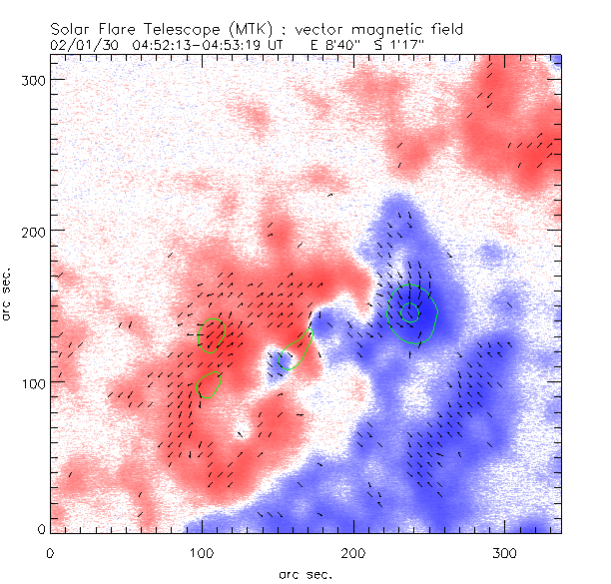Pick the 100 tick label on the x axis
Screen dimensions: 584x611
point(202,552)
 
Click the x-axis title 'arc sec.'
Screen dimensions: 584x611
point(305,573)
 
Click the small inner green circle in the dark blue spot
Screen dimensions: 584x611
point(408,312)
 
